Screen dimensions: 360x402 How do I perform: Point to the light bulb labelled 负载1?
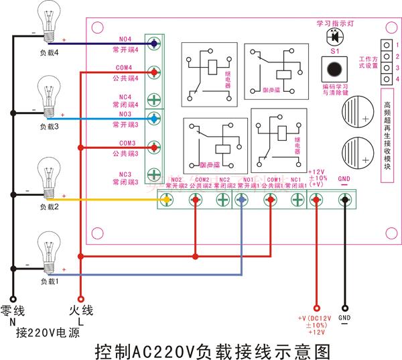click(50, 249)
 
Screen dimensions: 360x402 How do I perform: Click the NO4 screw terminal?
click(153, 44)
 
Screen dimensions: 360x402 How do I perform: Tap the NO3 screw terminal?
click(153, 119)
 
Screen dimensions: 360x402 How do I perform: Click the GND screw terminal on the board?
click(344, 198)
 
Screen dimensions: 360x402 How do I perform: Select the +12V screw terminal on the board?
click(317, 198)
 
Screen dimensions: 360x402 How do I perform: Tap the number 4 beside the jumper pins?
click(397, 78)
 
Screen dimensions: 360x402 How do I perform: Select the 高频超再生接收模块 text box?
click(387, 137)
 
